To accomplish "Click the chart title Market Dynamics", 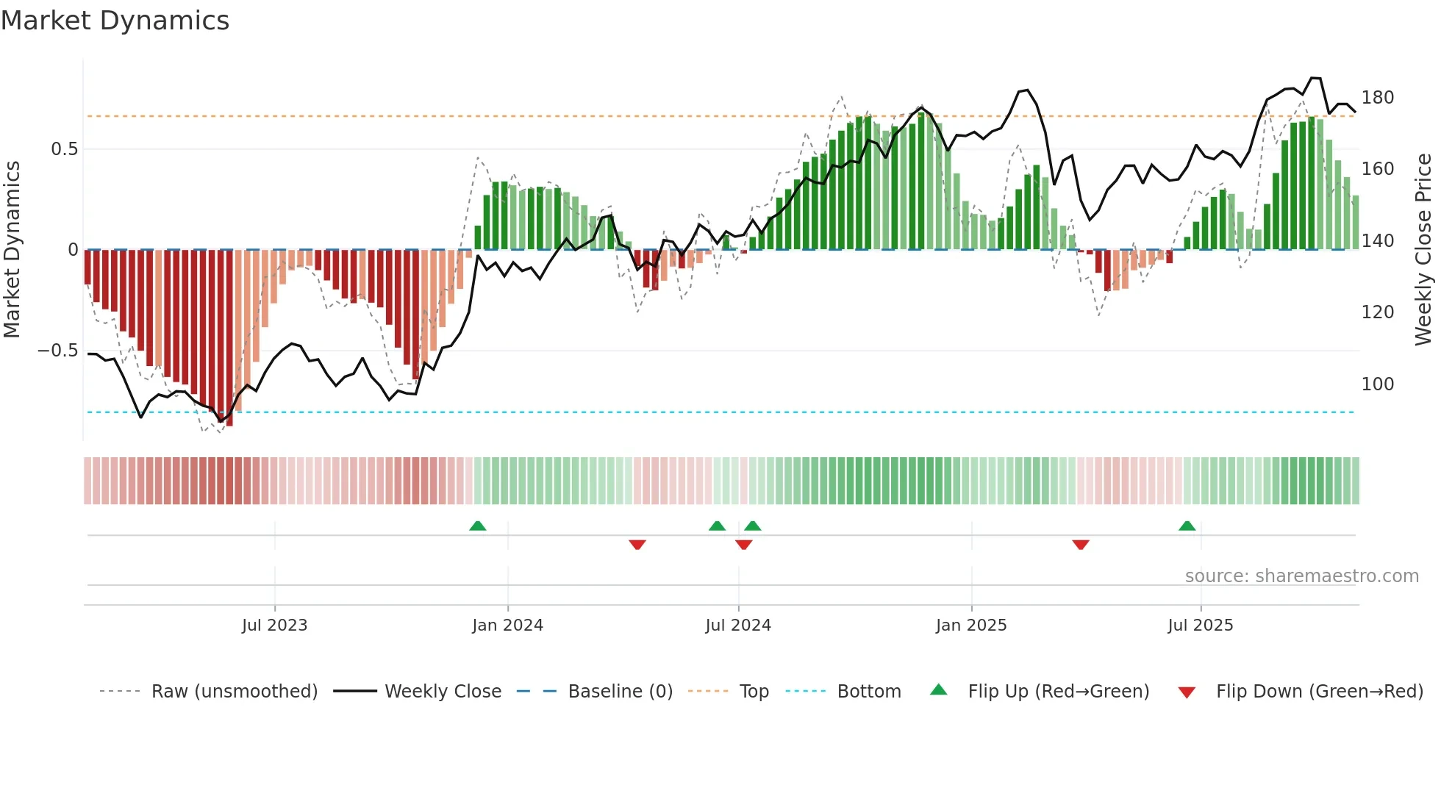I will tap(115, 21).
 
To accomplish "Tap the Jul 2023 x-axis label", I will tap(274, 626).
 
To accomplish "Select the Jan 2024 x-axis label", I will tap(507, 626).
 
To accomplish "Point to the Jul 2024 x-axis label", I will tap(738, 626).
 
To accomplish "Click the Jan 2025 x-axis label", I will tap(971, 626).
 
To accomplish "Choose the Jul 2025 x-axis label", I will tap(1201, 626).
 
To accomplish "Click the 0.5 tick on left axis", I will tap(64, 149).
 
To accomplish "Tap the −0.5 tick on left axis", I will tap(58, 351).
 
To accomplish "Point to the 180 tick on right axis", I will tap(1378, 98).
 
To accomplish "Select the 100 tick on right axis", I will tap(1378, 384).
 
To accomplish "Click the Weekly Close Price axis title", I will tap(1423, 250).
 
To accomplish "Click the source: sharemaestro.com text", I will tap(1301, 576).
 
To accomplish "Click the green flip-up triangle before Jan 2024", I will tap(478, 526).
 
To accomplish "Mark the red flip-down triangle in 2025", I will tap(1080, 545).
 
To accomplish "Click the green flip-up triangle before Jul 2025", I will tap(1187, 526).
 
